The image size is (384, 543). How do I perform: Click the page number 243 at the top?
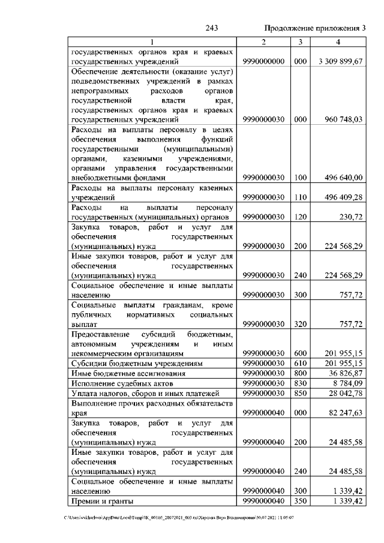211,28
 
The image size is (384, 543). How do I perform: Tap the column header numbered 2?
263,41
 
